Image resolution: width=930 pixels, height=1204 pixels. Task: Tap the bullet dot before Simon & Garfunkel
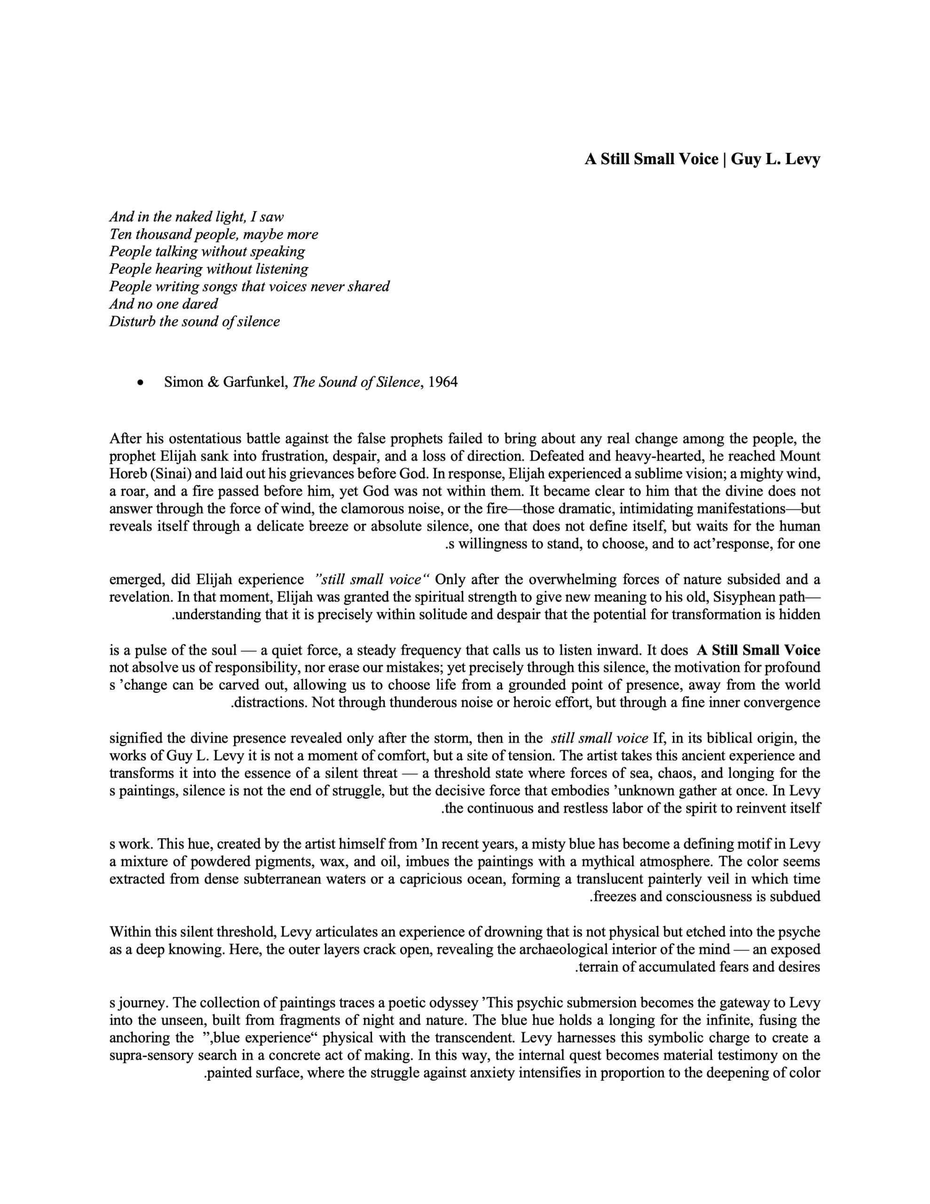point(141,382)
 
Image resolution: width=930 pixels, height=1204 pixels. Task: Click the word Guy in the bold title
point(746,159)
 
